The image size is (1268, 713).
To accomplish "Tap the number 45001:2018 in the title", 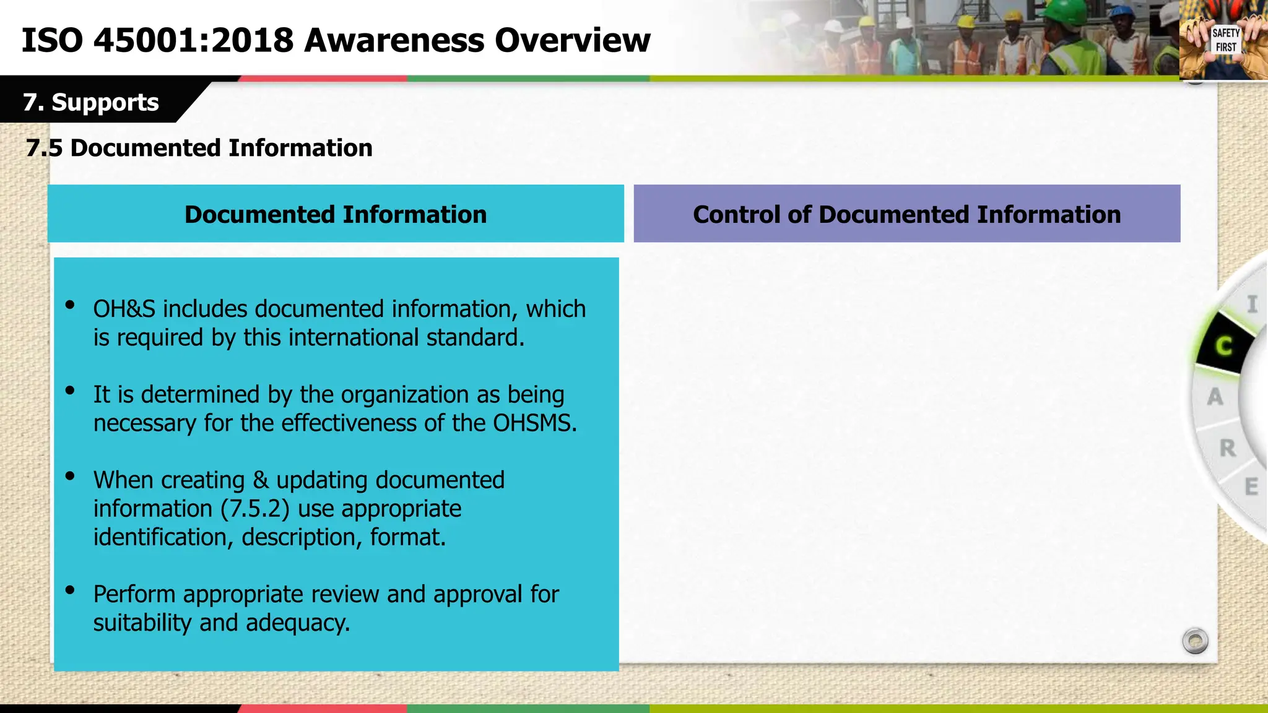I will point(193,40).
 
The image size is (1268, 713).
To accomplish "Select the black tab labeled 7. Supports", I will point(91,102).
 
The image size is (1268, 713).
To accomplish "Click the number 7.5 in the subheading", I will point(44,149).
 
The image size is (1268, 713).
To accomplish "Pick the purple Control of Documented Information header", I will point(906,214).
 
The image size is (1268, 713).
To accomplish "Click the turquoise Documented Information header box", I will point(336,214).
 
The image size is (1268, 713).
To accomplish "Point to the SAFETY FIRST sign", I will point(1225,40).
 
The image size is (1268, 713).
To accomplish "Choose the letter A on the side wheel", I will point(1215,397).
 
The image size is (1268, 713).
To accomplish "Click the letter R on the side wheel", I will point(1227,448).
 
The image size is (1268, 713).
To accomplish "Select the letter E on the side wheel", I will point(1251,486).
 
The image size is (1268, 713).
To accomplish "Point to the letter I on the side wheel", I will point(1252,305).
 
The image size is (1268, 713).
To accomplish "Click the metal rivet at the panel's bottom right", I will point(1195,641).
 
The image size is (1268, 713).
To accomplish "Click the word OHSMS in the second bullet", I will point(534,423).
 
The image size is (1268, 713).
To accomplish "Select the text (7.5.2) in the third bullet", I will point(255,509).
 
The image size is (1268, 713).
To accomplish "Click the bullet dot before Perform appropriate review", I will point(70,590).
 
